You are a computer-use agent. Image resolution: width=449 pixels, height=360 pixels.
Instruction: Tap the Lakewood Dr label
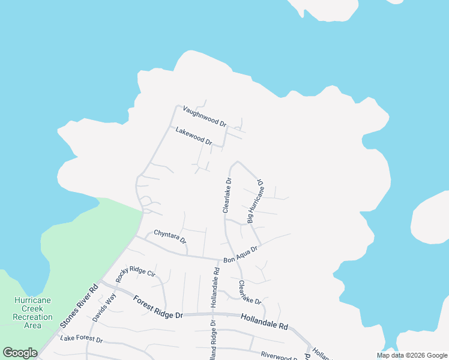(x=194, y=136)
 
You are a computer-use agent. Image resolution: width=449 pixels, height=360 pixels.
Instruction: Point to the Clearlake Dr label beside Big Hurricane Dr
(x=227, y=195)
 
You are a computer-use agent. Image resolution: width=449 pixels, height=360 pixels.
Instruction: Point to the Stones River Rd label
(x=79, y=306)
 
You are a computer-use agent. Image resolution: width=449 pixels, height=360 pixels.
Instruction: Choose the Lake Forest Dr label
(x=82, y=340)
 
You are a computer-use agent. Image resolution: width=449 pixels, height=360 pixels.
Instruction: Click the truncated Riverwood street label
(x=280, y=355)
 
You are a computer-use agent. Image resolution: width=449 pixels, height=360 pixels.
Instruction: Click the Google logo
(x=20, y=353)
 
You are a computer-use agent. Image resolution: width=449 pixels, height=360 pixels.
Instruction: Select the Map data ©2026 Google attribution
(x=412, y=355)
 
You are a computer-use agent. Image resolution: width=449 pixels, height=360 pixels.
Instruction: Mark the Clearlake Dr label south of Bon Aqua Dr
(x=249, y=292)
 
